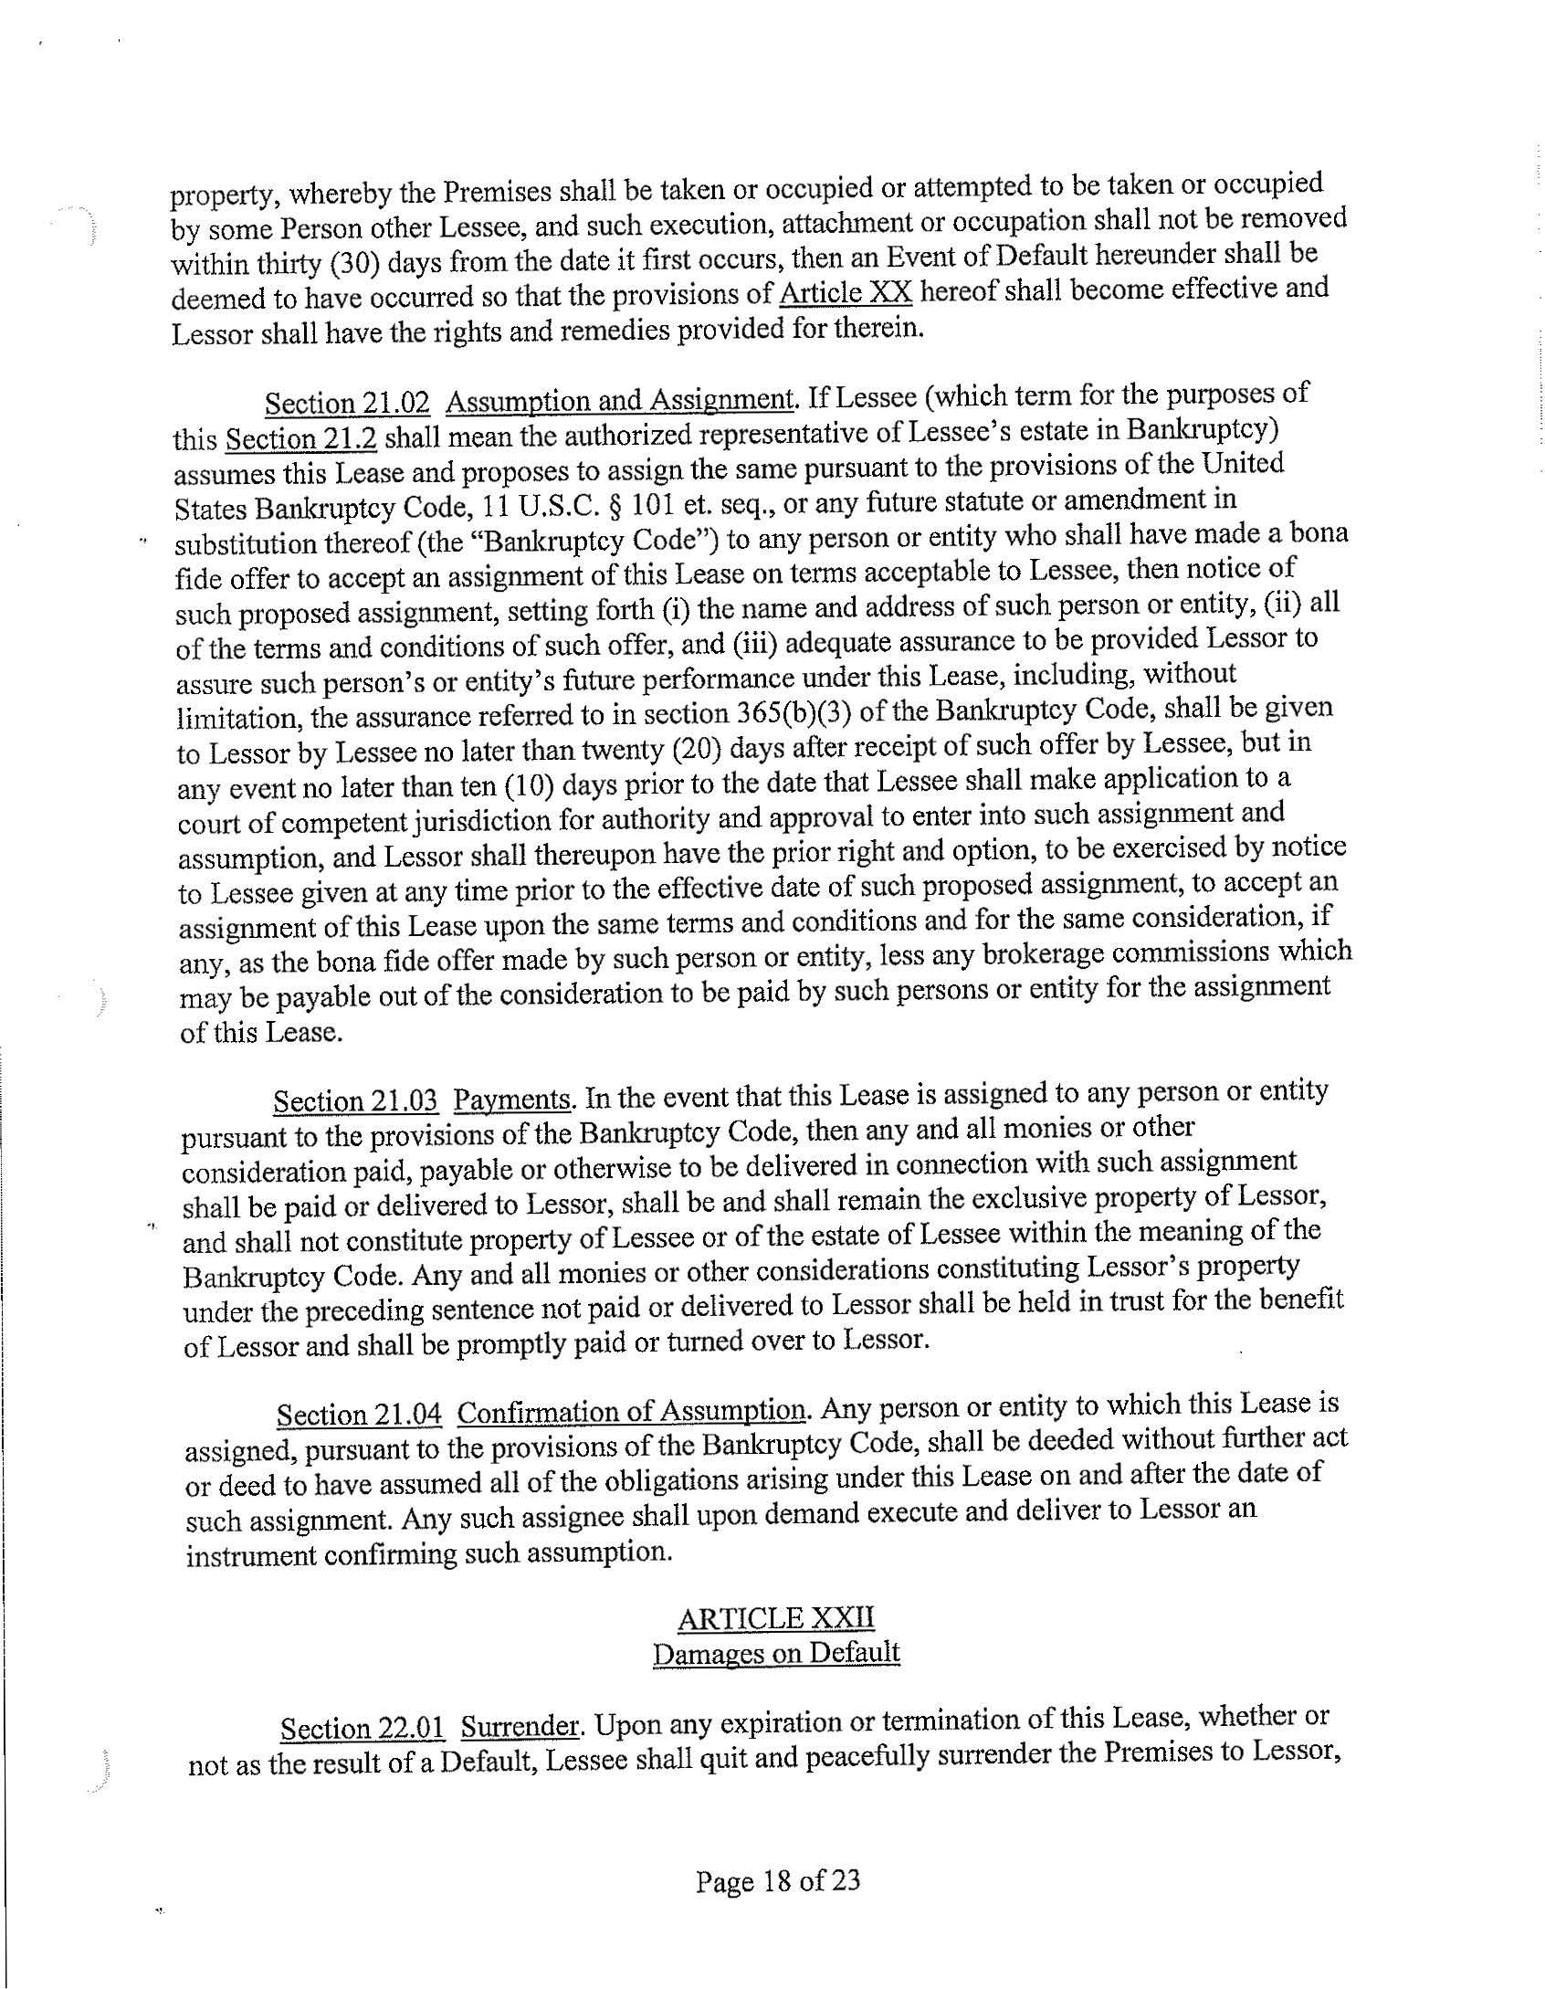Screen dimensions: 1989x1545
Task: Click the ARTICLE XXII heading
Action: pyautogui.click(x=776, y=1617)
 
